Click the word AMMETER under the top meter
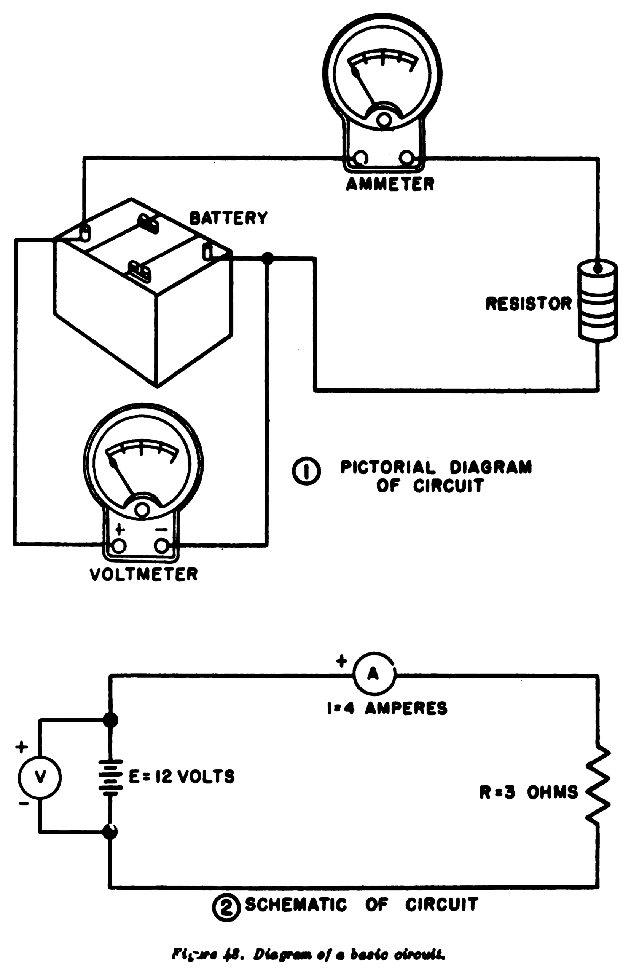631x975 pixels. point(390,184)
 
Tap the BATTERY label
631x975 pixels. point(228,218)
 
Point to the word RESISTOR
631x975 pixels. point(528,304)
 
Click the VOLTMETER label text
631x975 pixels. point(144,574)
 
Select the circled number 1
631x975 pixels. point(306,472)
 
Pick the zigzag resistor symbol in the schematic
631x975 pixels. point(598,784)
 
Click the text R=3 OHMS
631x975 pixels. point(528,793)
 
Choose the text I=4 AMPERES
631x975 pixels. point(387,708)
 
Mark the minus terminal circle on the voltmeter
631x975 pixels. point(162,546)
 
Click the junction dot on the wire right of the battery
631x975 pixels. point(267,258)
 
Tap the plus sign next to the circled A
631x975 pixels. point(341,661)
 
